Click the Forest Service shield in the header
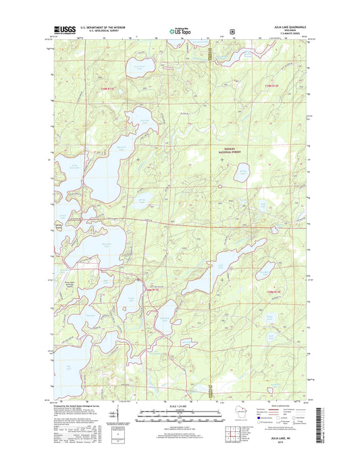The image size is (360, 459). click(x=232, y=30)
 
